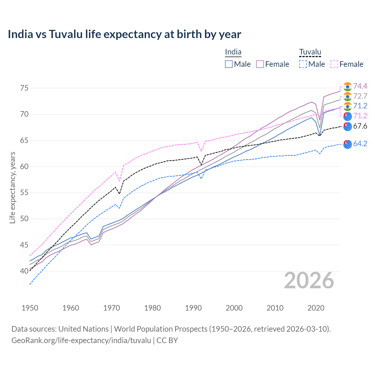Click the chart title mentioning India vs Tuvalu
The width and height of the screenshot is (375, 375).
124,34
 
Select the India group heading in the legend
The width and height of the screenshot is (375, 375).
233,52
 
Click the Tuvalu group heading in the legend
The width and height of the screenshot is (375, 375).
310,52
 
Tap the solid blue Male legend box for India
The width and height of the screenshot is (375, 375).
229,64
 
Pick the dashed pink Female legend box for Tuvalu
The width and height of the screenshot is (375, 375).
334,64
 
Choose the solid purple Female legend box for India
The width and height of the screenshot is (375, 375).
260,64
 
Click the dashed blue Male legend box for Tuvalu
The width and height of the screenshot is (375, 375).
303,64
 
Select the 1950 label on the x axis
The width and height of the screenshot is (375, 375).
30,308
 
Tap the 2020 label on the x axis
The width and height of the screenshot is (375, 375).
316,308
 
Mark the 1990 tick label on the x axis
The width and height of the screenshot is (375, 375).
193,308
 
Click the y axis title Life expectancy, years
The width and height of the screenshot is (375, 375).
12,187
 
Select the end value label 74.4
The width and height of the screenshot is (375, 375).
360,86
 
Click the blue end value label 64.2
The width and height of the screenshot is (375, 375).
360,144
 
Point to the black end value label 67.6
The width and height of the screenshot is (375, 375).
360,126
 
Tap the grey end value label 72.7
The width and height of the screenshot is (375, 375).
360,96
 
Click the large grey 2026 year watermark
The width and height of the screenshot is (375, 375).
309,280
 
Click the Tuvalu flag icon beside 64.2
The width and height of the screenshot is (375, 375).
347,144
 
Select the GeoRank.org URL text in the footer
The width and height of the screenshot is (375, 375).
81,340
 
